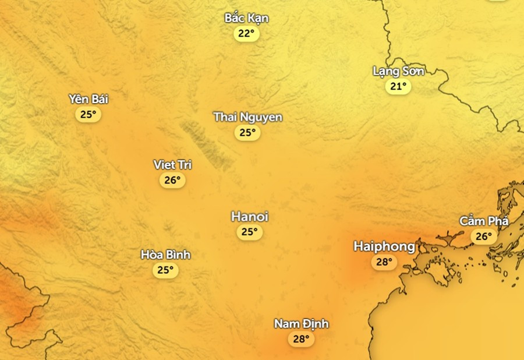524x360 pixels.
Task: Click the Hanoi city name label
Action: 250,217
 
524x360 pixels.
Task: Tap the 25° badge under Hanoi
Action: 250,232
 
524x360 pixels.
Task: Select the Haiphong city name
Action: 384,246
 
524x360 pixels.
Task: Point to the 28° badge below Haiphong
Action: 384,262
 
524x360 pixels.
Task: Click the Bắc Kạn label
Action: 247,18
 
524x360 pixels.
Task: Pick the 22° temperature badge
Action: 247,33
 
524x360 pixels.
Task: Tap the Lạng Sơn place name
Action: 398,72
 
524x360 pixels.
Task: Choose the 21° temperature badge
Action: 398,87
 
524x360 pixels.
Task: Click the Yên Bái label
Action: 88,99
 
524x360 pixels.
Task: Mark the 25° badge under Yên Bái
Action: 88,114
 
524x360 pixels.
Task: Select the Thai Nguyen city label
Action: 248,117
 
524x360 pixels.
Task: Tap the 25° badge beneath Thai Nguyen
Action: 247,133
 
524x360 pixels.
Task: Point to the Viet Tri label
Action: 172,165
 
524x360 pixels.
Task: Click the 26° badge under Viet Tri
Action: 172,181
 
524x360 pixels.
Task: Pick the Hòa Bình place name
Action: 165,255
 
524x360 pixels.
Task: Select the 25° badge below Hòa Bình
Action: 165,270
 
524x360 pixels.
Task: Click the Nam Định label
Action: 302,324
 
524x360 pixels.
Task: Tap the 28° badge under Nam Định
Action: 301,339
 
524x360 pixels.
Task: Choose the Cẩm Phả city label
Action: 484,221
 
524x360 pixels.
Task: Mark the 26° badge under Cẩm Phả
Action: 484,237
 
